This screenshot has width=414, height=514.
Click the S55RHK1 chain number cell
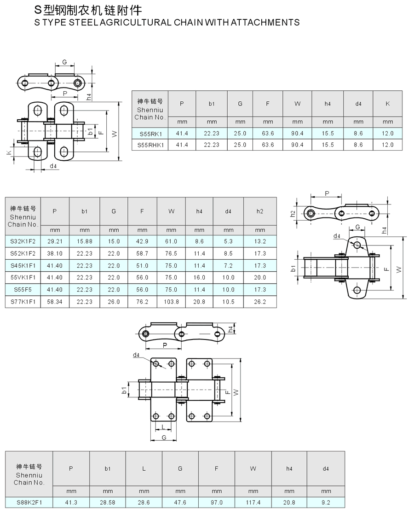150,145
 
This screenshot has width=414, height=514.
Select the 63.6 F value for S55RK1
268,134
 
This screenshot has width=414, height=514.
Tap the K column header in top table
387,104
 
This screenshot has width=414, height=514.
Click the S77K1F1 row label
23,302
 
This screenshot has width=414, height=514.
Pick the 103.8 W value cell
171,302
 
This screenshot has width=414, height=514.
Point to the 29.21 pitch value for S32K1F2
55,241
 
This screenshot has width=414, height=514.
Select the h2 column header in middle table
260,211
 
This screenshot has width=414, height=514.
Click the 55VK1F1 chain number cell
23,277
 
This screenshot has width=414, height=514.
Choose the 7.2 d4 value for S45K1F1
228,266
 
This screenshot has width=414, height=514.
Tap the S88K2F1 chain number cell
29,502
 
